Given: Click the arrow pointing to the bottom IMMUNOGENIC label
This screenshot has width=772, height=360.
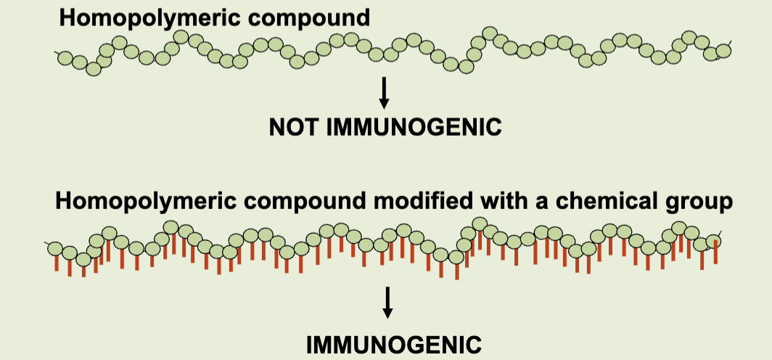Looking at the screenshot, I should (x=387, y=302).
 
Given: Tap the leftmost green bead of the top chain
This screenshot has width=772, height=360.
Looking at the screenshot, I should (x=65, y=57).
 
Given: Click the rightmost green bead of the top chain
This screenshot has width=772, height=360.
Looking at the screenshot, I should (x=723, y=51).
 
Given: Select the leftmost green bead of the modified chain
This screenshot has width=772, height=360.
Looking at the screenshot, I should (x=56, y=249).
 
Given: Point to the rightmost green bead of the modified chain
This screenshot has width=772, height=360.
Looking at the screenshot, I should (x=714, y=243).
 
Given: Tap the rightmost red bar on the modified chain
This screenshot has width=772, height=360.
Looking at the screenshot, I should (x=716, y=253).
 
